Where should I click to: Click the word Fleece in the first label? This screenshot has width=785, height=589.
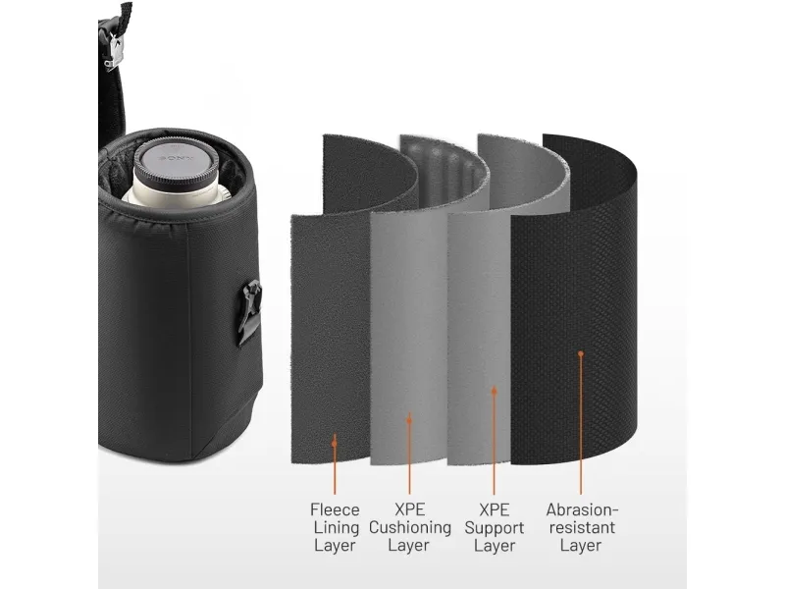[x=335, y=509]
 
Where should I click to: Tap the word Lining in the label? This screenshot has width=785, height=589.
[x=337, y=527]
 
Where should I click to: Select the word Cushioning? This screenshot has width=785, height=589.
[x=409, y=527]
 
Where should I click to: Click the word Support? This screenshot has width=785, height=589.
[x=495, y=528]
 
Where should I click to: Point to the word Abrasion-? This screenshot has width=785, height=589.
[x=582, y=509]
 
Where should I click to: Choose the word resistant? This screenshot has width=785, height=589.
[x=582, y=527]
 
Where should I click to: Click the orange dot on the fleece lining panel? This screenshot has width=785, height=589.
[x=335, y=444]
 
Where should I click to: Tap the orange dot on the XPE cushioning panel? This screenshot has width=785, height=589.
[x=409, y=421]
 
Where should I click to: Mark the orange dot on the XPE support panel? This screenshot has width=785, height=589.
[x=495, y=391]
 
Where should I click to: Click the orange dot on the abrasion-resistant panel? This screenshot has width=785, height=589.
[x=581, y=353]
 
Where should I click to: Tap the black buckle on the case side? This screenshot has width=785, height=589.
[x=249, y=311]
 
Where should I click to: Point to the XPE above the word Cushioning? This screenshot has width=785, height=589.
[x=409, y=509]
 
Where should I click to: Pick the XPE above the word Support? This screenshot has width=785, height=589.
[x=495, y=509]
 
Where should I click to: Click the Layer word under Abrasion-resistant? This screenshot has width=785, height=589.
[x=581, y=546]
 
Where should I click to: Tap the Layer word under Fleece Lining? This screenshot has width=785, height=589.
[x=335, y=546]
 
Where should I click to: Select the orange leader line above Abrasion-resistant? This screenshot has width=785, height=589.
[x=581, y=424]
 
